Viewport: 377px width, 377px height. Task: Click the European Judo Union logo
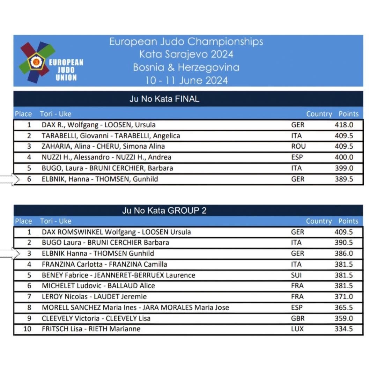click(51, 61)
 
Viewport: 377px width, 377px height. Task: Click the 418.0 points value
click(344, 125)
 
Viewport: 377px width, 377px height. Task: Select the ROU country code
click(298, 146)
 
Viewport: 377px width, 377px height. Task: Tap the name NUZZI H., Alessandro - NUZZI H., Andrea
click(106, 157)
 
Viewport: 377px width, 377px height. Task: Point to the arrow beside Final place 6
click(10, 179)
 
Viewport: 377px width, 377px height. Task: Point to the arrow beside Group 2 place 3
click(10, 253)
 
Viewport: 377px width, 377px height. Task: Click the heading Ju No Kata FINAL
click(164, 99)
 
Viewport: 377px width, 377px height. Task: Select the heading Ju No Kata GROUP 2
click(164, 210)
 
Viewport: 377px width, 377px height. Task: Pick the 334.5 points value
click(344, 329)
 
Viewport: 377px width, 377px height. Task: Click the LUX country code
click(297, 329)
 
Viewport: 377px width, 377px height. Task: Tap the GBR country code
click(298, 318)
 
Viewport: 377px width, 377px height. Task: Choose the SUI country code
click(296, 275)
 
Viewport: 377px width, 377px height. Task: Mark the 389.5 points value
click(344, 179)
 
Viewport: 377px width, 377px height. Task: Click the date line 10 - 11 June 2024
click(186, 80)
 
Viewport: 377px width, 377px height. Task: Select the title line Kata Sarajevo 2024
click(186, 54)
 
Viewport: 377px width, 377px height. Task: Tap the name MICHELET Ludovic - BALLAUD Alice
click(98, 286)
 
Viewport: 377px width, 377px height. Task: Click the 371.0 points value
click(344, 297)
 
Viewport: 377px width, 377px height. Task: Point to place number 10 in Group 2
click(27, 329)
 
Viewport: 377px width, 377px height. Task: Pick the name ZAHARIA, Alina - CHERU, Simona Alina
click(103, 147)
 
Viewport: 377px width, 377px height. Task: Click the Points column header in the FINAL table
click(348, 114)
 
